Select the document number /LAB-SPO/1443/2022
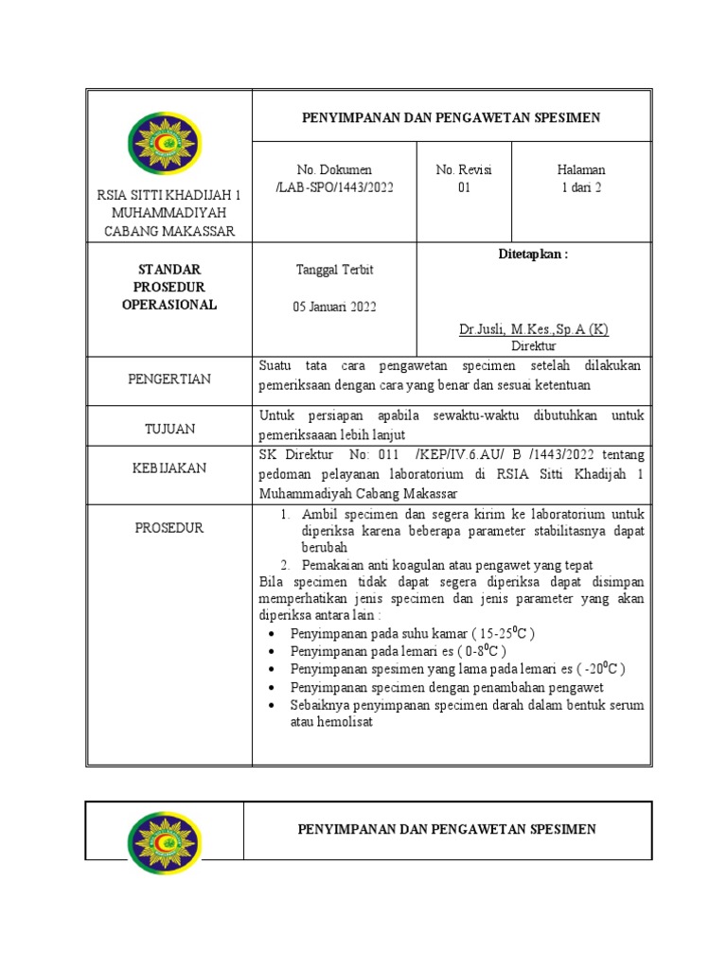[334, 187]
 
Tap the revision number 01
[464, 187]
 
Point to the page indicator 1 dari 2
[581, 187]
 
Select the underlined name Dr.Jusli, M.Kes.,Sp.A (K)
[533, 329]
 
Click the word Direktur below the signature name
[533, 346]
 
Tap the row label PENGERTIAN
[169, 379]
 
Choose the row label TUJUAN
[169, 429]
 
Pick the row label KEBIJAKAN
[169, 468]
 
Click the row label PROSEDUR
[169, 528]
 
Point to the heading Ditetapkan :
[533, 255]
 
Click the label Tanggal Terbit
[334, 270]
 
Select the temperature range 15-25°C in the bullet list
[507, 632]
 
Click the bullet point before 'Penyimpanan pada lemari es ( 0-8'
[273, 652]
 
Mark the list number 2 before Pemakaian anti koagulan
[285, 565]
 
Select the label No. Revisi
[464, 169]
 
